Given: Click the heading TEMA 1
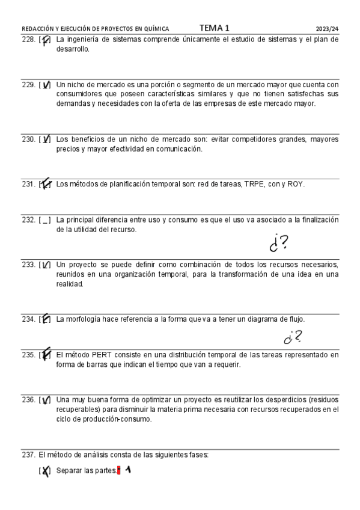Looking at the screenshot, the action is (214, 28).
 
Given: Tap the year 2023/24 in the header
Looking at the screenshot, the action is (328, 28).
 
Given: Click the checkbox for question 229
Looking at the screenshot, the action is (45, 85).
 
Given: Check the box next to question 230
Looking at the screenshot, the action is (45, 140).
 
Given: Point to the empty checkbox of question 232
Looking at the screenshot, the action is (45, 220).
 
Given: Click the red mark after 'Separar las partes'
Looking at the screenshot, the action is (119, 470).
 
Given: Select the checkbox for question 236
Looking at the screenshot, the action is (45, 400).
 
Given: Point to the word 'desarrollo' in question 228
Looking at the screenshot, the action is (73, 49).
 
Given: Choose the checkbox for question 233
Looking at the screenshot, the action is (45, 265).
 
